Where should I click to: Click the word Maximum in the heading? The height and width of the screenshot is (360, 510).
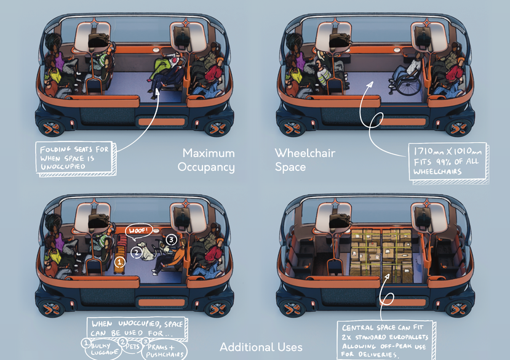(x=209, y=153)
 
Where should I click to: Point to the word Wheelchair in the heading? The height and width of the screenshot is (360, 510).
(x=305, y=153)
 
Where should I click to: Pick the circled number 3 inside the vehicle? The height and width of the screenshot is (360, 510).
(x=172, y=238)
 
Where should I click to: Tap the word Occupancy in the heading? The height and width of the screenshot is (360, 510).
(x=206, y=167)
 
